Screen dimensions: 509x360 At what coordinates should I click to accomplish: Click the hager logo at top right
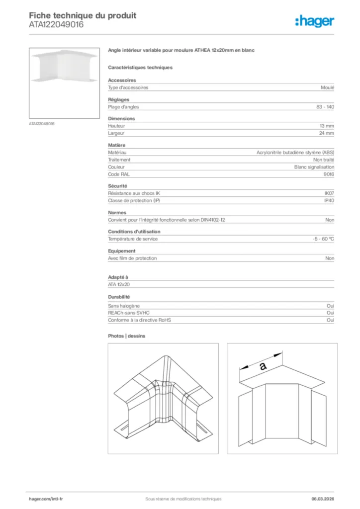(x=315, y=21)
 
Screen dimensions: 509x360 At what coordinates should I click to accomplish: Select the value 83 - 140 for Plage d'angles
(x=325, y=107)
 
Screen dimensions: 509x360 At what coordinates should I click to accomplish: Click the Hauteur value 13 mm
(x=327, y=126)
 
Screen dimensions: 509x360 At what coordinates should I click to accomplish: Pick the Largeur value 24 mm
(x=327, y=133)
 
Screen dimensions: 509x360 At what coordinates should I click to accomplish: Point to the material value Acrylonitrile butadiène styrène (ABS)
(x=295, y=153)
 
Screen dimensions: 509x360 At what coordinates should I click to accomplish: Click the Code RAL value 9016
(x=329, y=174)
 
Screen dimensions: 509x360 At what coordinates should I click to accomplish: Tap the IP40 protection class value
(x=329, y=200)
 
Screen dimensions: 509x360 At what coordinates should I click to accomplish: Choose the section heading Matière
(x=117, y=145)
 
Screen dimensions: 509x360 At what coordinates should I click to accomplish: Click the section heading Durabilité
(x=119, y=297)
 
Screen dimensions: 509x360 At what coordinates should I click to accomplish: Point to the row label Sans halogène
(x=124, y=306)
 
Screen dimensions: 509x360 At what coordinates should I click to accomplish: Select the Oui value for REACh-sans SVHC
(x=330, y=313)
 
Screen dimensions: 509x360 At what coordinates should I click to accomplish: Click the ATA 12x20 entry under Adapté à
(x=119, y=284)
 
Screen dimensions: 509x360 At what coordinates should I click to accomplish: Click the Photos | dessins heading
(x=126, y=336)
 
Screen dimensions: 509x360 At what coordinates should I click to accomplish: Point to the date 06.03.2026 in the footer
(x=319, y=499)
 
